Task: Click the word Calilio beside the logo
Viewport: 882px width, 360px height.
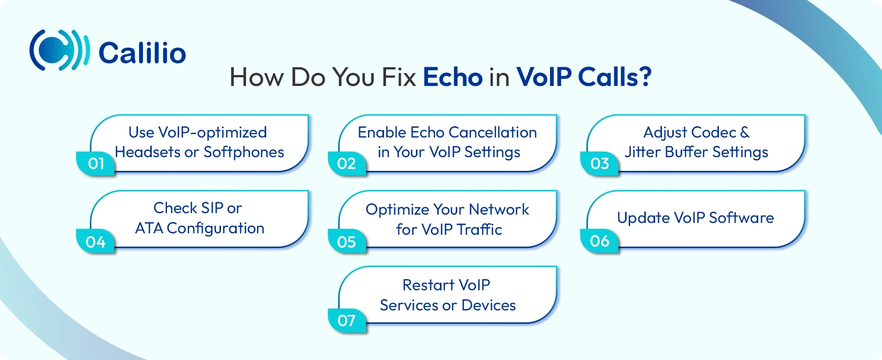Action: pos(142,53)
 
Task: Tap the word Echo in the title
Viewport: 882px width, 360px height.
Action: pos(452,77)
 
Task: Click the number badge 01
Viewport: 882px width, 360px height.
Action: pos(96,163)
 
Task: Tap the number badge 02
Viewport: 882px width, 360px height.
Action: pos(346,163)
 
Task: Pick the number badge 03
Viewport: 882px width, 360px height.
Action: pos(599,163)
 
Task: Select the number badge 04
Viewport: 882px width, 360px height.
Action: pos(95,242)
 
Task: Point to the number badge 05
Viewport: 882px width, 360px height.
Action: pos(346,242)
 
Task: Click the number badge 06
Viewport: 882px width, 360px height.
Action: pos(599,241)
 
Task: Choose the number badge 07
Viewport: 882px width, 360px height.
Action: pos(346,320)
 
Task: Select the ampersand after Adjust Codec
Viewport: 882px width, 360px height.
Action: pos(744,133)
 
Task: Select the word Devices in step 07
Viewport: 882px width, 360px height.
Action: pos(489,305)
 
